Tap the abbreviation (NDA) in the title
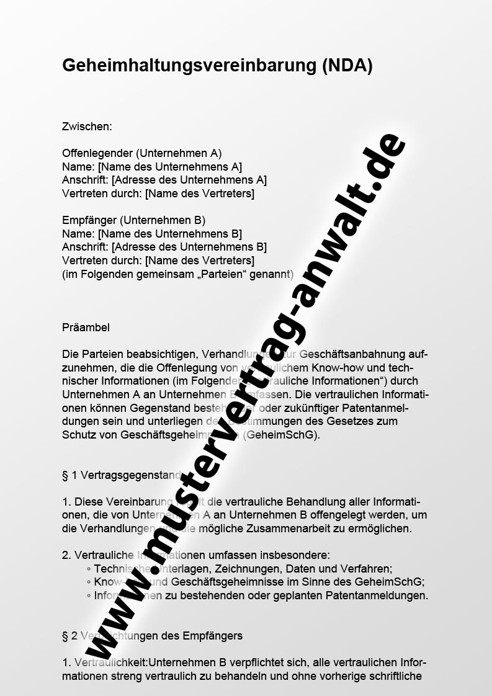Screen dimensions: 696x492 [347, 66]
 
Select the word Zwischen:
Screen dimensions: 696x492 [87, 127]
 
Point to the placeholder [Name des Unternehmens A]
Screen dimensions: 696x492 [170, 166]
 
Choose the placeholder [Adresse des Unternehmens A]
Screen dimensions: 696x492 [189, 180]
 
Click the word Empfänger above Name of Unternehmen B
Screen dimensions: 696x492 [89, 220]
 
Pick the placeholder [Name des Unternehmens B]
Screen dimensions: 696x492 [170, 234]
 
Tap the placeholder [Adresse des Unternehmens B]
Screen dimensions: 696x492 [189, 247]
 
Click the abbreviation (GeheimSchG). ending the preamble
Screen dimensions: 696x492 [282, 435]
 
